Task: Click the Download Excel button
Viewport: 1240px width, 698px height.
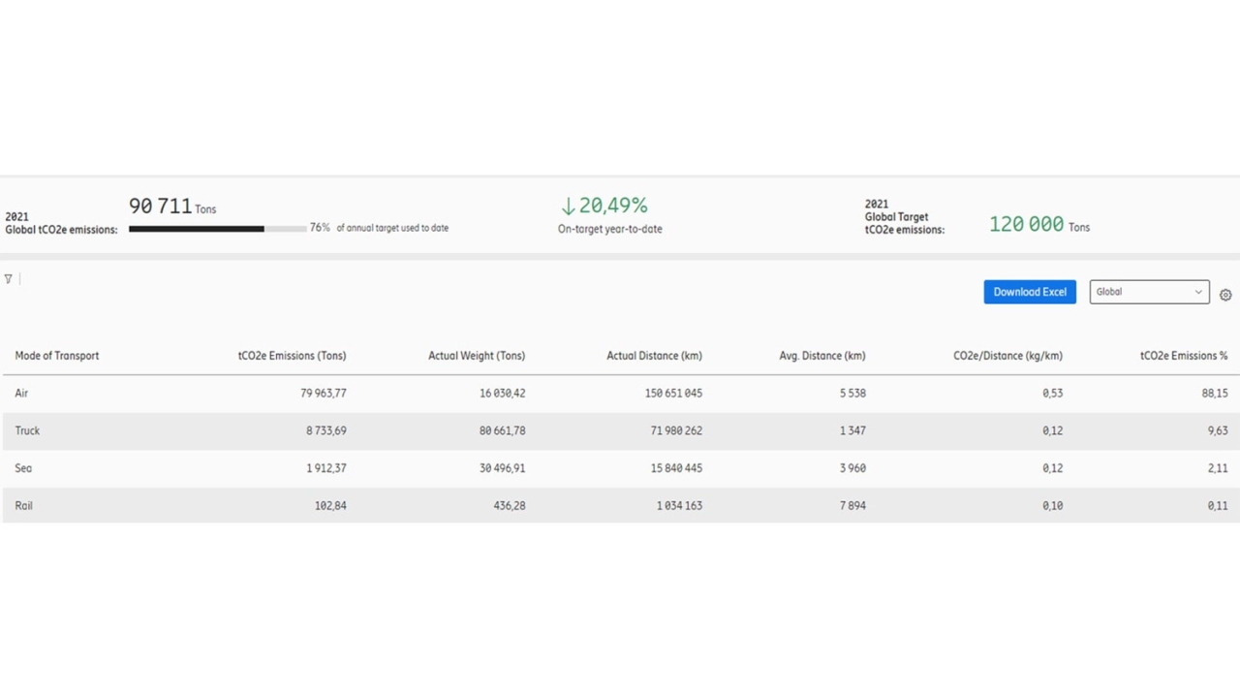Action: pos(1030,292)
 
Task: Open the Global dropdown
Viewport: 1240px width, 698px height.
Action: pos(1149,292)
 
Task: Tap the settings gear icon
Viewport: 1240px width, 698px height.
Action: pos(1225,295)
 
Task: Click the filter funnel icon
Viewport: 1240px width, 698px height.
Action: pos(9,278)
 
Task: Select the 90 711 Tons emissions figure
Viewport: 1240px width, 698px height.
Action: pos(172,206)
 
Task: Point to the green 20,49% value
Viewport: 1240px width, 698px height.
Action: pos(613,206)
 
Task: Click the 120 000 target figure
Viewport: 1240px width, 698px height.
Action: pos(1026,224)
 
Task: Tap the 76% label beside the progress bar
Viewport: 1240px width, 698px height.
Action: pos(320,228)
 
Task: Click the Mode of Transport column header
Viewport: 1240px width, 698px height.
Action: pos(57,356)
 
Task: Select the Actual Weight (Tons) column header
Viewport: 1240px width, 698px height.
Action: pos(477,356)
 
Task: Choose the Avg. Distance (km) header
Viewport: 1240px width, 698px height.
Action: pos(822,356)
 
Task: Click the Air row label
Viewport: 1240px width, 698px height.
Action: pos(21,394)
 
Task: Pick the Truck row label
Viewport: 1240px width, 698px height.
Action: pos(27,430)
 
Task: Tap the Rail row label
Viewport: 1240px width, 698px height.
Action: pos(24,506)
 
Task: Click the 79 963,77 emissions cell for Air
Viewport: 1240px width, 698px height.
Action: pos(324,394)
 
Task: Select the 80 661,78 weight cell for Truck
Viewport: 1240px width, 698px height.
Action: pos(502,430)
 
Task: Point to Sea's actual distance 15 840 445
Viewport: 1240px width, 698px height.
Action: pos(676,468)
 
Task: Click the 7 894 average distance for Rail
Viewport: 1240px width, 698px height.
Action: pos(852,506)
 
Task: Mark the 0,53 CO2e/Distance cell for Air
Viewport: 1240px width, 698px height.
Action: pos(1052,394)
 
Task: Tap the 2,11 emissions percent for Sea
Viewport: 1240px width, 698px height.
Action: pos(1218,468)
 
